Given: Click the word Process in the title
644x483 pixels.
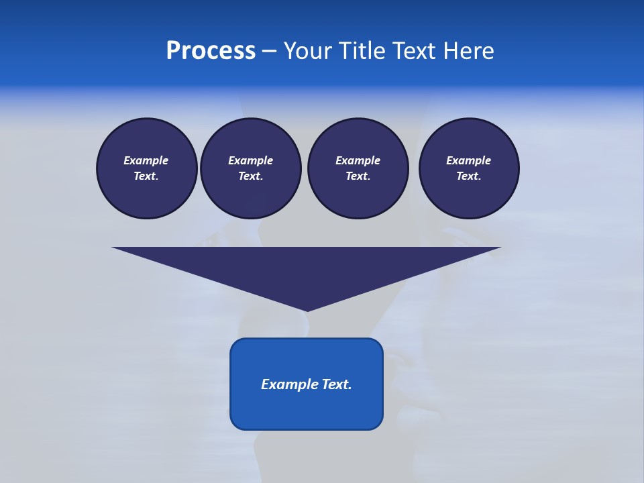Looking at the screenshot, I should [x=211, y=51].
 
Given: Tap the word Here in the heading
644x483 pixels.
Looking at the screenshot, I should [x=469, y=51].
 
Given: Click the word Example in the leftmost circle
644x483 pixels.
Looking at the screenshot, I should [x=146, y=160].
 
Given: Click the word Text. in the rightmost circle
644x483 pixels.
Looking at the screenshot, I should [x=469, y=176].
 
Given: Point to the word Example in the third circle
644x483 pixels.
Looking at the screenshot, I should [x=358, y=160].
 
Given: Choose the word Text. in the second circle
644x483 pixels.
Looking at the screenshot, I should [x=250, y=176].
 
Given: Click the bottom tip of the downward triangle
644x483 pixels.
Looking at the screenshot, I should [x=307, y=309].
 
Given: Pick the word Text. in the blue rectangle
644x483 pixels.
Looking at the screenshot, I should [x=337, y=384].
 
